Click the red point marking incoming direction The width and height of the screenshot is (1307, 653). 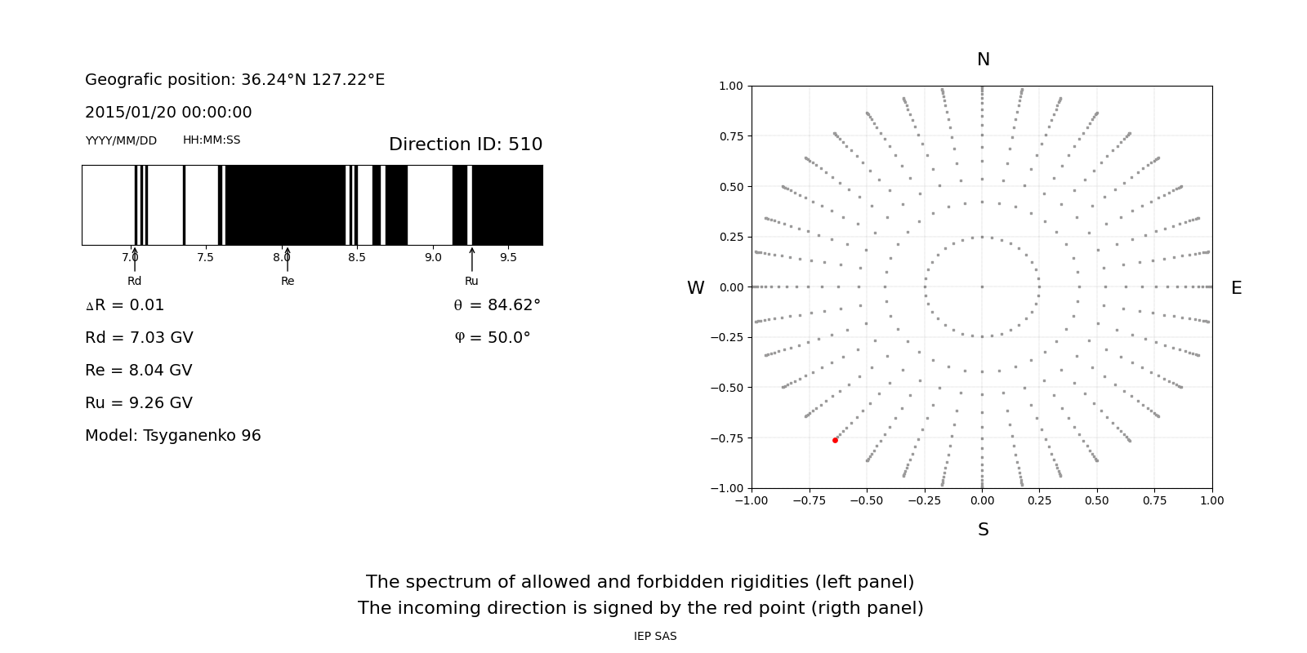click(835, 440)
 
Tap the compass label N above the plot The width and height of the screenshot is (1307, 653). click(983, 60)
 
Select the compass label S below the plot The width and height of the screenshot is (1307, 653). click(983, 530)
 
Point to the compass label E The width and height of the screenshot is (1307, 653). click(1236, 288)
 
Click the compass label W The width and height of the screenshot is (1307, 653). click(695, 288)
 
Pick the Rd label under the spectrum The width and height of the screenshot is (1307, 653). click(134, 281)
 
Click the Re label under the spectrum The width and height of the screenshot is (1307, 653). click(288, 281)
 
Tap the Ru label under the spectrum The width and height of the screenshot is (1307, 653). click(471, 281)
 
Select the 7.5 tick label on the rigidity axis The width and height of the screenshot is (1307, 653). click(205, 258)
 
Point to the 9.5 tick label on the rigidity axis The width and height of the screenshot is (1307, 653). click(508, 258)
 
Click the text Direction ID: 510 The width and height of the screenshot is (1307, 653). click(465, 144)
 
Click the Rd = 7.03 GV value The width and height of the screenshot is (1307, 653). click(139, 338)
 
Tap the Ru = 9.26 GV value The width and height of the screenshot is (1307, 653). click(139, 403)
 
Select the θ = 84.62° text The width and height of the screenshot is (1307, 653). click(497, 305)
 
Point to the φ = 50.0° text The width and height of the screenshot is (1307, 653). click(492, 338)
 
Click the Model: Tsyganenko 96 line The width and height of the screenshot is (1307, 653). click(173, 436)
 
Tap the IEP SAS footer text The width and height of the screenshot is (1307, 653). click(655, 636)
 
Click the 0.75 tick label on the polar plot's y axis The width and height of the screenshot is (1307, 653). click(730, 136)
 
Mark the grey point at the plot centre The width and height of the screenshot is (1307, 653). click(982, 287)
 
